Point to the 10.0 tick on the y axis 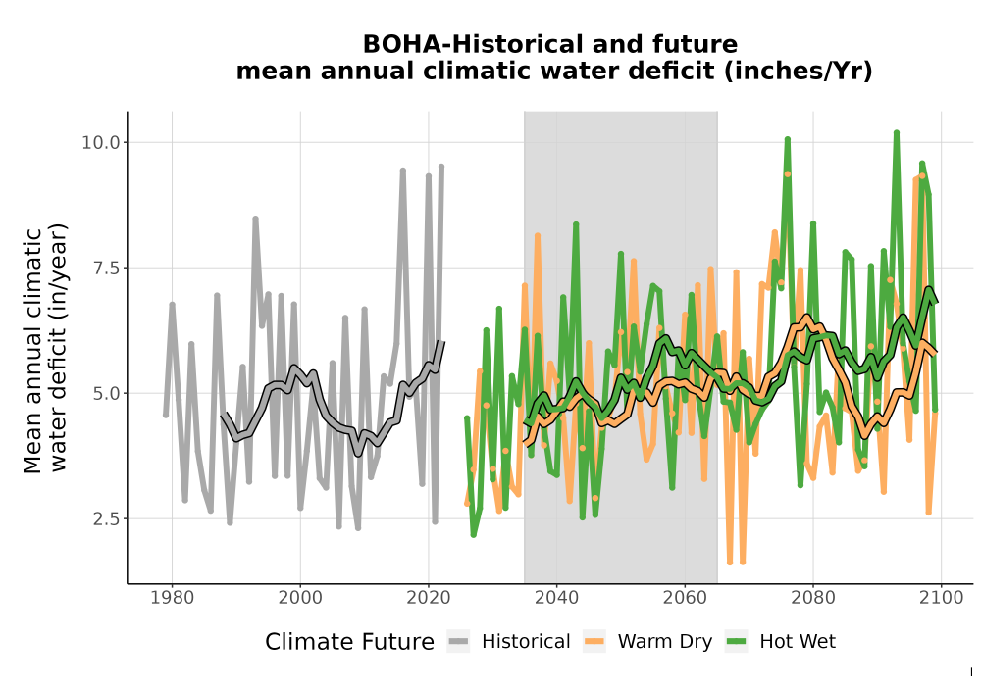(x=101, y=142)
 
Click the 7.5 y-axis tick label (x=106, y=268)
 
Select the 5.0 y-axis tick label (x=106, y=394)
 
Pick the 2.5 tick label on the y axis (x=106, y=518)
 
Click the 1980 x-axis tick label (x=172, y=598)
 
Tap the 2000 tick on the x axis (x=300, y=598)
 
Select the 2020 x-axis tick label (x=429, y=598)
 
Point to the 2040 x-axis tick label (x=557, y=598)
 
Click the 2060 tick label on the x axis (x=685, y=598)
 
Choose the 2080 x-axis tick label (x=813, y=598)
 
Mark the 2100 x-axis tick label (x=942, y=598)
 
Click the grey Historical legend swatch (x=458, y=641)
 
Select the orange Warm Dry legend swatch (x=594, y=641)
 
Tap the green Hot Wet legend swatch (x=737, y=641)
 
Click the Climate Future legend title (x=350, y=642)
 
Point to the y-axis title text (x=45, y=349)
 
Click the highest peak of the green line (x=897, y=132)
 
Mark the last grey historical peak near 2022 (x=441, y=167)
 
